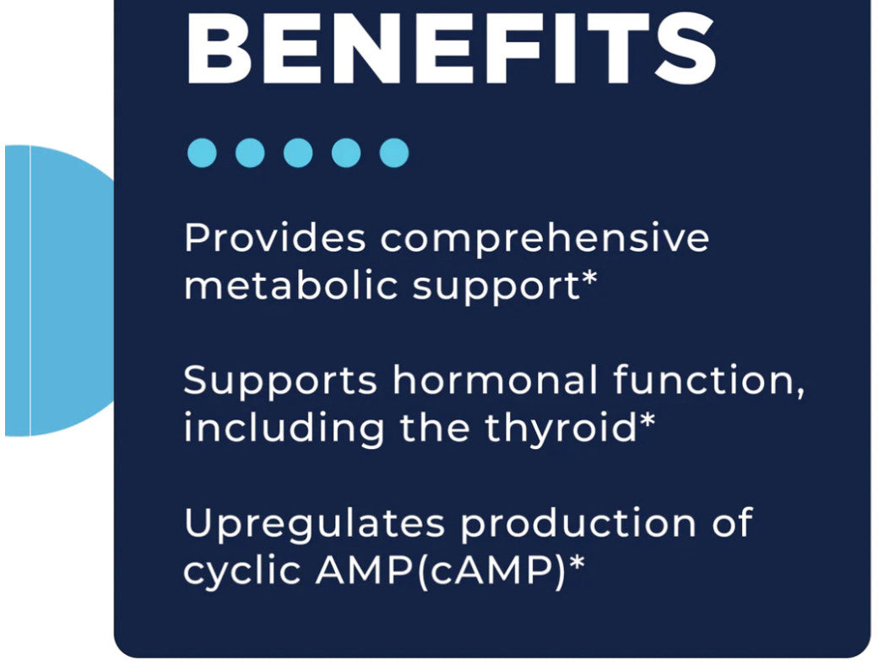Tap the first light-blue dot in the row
201,154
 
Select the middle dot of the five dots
297,154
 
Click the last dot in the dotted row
393,154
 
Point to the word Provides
274,239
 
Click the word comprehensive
545,239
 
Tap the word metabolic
290,287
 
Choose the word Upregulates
315,524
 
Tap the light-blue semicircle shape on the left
59,291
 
